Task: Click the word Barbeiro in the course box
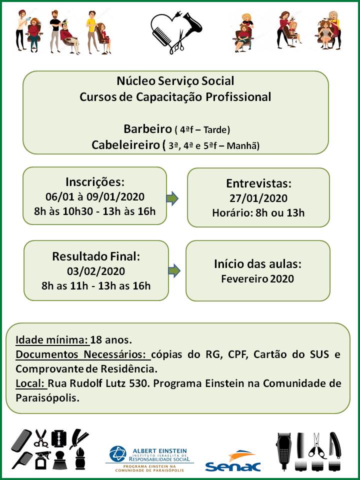point(147,129)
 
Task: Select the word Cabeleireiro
point(126,145)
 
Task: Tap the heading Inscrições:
point(95,182)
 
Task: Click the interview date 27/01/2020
point(258,198)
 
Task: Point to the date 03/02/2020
point(96,271)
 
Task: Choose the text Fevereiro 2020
point(257,279)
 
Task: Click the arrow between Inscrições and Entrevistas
point(172,198)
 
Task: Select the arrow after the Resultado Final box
point(174,270)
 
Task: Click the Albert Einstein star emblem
point(117,453)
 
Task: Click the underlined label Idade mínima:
point(52,340)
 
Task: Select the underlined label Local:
point(31,383)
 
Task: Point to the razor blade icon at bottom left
point(59,438)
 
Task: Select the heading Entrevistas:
point(258,183)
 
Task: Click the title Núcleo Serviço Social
point(175,81)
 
